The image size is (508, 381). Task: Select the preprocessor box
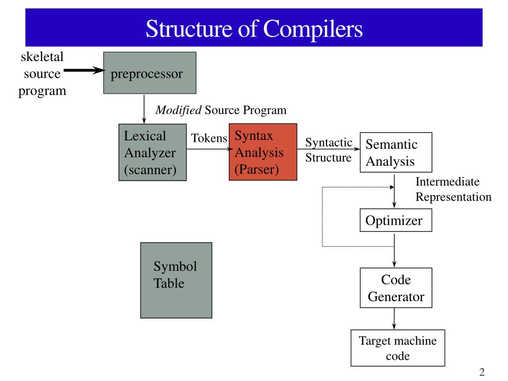[149, 73]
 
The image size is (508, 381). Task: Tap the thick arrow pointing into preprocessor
[83, 70]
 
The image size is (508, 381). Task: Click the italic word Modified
[179, 110]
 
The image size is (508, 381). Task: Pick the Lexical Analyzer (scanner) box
[153, 152]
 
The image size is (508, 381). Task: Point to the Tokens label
[209, 138]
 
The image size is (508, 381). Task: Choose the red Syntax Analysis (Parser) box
[263, 152]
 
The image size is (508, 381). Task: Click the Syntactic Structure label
[328, 150]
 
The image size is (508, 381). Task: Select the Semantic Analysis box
[395, 152]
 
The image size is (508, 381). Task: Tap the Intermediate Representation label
[453, 190]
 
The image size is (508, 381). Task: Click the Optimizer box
[395, 220]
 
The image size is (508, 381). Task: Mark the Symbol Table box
[176, 280]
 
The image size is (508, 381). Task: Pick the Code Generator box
[395, 288]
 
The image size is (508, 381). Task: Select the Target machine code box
[397, 348]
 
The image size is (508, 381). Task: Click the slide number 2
[482, 373]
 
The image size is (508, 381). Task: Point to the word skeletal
[42, 57]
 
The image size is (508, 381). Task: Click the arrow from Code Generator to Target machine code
[394, 318]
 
